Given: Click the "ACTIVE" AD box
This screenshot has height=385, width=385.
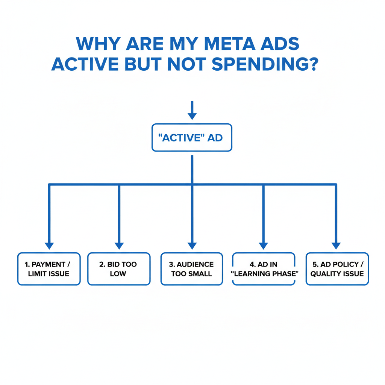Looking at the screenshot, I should (x=192, y=138).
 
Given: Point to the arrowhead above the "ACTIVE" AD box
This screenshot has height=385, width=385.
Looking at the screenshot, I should (x=192, y=116).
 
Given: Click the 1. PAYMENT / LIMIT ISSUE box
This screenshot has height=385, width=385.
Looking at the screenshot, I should (x=49, y=269).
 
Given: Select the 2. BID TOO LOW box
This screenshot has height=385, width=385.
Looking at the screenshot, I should (x=119, y=269).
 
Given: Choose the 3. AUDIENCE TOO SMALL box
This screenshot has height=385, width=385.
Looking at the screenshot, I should (x=192, y=269).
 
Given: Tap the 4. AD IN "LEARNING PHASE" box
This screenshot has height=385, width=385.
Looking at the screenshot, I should (x=264, y=269).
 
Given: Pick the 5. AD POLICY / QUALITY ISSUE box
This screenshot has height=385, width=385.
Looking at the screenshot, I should (x=337, y=269).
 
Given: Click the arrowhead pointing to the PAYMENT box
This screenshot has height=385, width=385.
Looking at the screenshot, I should (x=49, y=246).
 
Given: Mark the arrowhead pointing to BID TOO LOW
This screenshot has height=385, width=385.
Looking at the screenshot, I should (x=119, y=246).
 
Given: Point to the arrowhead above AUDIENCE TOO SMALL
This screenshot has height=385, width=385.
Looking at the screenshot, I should (x=192, y=246).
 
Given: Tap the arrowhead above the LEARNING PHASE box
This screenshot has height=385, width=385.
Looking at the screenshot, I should (x=263, y=246).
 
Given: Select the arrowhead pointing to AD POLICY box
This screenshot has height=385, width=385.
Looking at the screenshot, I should (x=336, y=246).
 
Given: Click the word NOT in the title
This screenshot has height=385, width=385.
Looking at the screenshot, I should (x=188, y=64).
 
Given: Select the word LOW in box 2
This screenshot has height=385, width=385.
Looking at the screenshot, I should (x=118, y=274).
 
